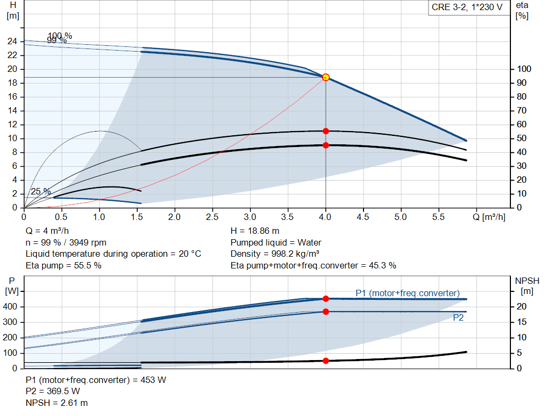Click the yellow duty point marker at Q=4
(x=326, y=77)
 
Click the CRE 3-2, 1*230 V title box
(x=467, y=8)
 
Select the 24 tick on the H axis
(x=13, y=42)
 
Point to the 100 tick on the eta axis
(x=524, y=69)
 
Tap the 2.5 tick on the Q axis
(x=212, y=217)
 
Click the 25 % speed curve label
(x=40, y=192)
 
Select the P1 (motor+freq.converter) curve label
(x=407, y=293)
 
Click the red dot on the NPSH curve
(x=326, y=361)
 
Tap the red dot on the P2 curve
(x=326, y=312)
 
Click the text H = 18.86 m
(x=255, y=231)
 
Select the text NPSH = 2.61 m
(x=57, y=403)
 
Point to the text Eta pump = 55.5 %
(x=63, y=265)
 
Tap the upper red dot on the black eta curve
(x=326, y=131)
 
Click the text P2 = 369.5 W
(x=53, y=391)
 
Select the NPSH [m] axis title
(x=527, y=285)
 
